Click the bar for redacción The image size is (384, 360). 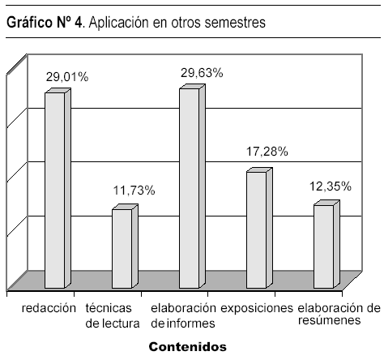click(x=58, y=188)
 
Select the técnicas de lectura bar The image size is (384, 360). click(x=125, y=246)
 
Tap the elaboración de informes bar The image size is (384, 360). click(x=192, y=186)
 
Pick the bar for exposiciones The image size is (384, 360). click(x=259, y=228)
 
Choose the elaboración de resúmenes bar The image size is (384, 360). click(x=326, y=244)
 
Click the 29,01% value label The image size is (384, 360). click(x=67, y=77)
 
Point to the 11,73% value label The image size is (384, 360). click(x=134, y=191)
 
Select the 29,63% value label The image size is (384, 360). click(x=202, y=73)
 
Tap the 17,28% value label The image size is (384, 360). click(x=267, y=152)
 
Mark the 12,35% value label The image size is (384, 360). click(x=331, y=186)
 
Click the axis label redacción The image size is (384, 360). click(x=49, y=308)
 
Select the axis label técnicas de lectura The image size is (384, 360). click(x=113, y=315)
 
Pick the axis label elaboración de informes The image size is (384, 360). click(x=184, y=315)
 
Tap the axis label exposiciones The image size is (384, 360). click(x=257, y=308)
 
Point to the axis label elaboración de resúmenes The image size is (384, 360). click(x=339, y=314)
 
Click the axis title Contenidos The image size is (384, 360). click(x=188, y=347)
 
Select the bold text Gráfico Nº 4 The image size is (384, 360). click(x=44, y=22)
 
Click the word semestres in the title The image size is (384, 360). click(x=235, y=23)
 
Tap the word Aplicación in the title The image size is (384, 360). click(x=119, y=23)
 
